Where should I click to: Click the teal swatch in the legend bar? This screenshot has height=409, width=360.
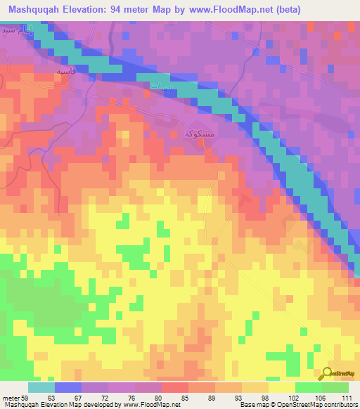41,387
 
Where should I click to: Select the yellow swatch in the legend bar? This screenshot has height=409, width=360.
281,387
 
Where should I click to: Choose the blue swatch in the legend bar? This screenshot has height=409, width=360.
68,387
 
